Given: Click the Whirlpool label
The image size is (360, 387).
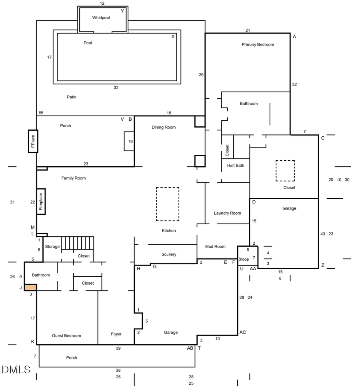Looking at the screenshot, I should point(101,18).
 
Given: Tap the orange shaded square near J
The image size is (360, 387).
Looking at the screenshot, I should point(30,287).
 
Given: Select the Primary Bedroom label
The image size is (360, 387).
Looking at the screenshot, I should point(258,45).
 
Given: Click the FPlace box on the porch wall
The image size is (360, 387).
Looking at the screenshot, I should point(33,141).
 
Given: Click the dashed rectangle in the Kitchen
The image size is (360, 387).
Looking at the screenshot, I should point(167,204).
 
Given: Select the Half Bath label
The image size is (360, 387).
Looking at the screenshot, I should point(236,166).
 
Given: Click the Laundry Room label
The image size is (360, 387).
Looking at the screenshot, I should point(227,213).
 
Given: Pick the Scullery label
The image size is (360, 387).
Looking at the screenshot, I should point(169,254).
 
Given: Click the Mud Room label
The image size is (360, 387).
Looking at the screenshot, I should point(215,247).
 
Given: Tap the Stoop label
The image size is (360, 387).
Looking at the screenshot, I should point(244,259).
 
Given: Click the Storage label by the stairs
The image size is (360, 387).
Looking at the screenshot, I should point(52,247).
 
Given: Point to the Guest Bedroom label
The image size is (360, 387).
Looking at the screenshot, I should point(66,336).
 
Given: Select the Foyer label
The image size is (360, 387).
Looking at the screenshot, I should point(116,334).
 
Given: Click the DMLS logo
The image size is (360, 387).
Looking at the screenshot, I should point(16,369).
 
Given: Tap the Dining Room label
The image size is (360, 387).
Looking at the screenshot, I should point(164,128).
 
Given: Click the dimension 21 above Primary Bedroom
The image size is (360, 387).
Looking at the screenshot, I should point(248,30).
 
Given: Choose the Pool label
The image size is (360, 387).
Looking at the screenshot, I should point(88,43).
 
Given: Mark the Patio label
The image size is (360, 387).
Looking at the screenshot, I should point(72,97).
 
